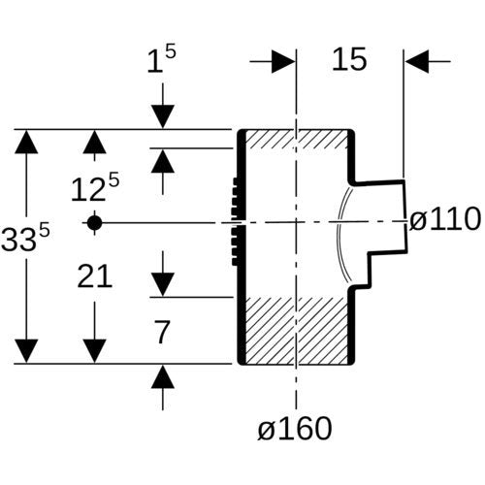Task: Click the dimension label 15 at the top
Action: (x=349, y=59)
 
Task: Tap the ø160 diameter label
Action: (x=295, y=428)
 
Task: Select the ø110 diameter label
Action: (x=445, y=219)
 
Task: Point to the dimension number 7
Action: (x=162, y=332)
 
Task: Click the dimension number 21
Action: (x=95, y=275)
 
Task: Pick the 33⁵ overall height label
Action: (x=25, y=239)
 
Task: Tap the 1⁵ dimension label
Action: (x=162, y=59)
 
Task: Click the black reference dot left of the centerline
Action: (x=94, y=223)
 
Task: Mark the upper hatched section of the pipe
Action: (x=297, y=140)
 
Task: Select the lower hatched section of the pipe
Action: (x=297, y=330)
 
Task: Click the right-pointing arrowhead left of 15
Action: (x=283, y=61)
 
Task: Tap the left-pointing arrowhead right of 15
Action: (x=417, y=61)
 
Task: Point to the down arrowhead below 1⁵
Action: (x=163, y=116)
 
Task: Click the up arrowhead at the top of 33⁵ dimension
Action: (x=26, y=142)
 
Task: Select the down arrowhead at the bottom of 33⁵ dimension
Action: (x=26, y=351)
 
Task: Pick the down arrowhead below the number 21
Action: (x=94, y=351)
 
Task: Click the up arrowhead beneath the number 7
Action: (x=163, y=376)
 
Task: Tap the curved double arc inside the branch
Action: (x=341, y=234)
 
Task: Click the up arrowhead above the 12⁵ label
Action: (x=94, y=142)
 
